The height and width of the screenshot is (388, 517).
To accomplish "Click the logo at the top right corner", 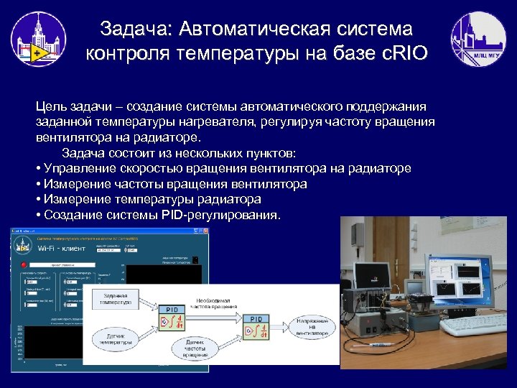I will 478,40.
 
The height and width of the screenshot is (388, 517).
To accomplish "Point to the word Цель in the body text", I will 52,106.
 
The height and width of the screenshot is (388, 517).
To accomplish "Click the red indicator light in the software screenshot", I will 23,264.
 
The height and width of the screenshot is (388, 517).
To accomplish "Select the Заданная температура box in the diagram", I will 115,300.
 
